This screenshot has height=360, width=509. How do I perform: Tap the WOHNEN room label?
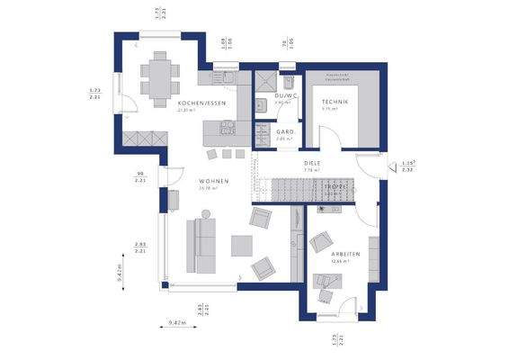tap(214, 181)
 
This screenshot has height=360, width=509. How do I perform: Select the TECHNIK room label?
tap(335, 103)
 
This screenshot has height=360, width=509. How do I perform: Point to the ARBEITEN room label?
tap(345, 254)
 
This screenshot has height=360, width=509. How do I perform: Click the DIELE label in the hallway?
tap(313, 163)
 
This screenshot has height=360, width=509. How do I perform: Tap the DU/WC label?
tap(286, 95)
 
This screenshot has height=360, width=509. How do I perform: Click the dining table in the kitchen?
tap(160, 76)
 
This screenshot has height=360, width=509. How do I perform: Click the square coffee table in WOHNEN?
tap(241, 245)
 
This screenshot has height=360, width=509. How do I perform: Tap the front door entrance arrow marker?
tap(392, 166)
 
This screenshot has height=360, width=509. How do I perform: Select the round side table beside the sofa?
tap(206, 214)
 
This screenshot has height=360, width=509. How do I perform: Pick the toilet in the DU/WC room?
tap(288, 68)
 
